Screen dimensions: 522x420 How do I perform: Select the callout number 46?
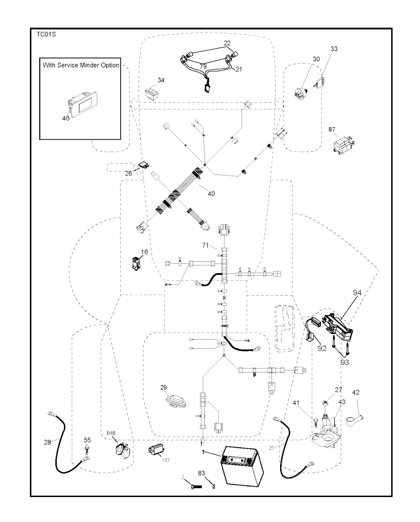(x=66, y=118)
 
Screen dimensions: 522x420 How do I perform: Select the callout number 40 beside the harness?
(x=211, y=193)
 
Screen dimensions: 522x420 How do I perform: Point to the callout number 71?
(x=206, y=245)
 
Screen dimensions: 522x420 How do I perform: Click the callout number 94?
(x=357, y=293)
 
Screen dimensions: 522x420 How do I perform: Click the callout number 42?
(x=356, y=392)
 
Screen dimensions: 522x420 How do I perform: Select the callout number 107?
(x=165, y=460)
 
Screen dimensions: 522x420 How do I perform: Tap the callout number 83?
(x=201, y=474)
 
